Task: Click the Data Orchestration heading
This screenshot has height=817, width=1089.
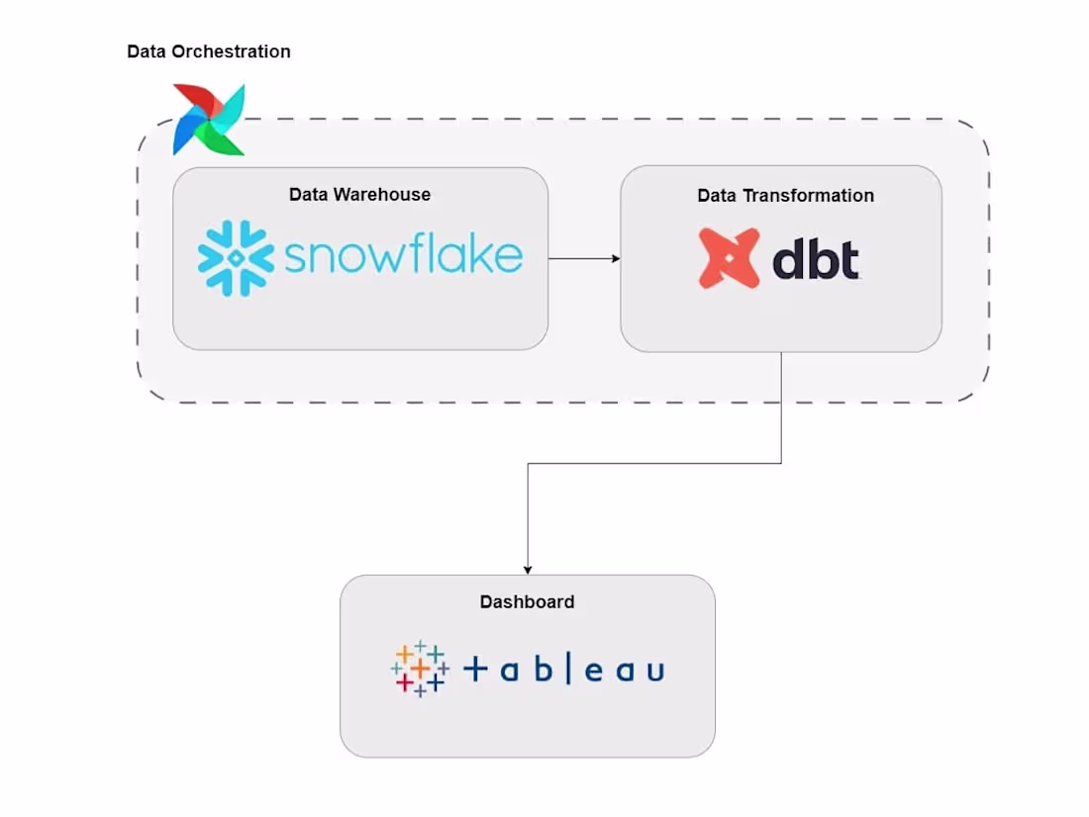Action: [x=209, y=51]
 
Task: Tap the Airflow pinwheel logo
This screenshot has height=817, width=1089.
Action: [x=208, y=120]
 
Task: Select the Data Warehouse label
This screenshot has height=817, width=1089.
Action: [x=359, y=195]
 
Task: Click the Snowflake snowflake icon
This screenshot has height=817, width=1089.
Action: [x=236, y=257]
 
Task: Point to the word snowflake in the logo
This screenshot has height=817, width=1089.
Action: [x=403, y=256]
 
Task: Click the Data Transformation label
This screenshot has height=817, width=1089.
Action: [x=785, y=196]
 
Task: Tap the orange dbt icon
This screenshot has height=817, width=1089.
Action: [x=729, y=258]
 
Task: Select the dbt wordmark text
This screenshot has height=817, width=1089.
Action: [x=815, y=259]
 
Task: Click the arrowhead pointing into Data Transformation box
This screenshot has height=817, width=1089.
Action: [x=615, y=259]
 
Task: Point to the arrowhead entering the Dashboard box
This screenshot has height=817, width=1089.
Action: [x=528, y=569]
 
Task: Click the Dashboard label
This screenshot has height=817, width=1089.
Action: [x=527, y=601]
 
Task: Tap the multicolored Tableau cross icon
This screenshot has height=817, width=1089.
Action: [x=420, y=669]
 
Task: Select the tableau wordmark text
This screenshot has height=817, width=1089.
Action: [x=563, y=670]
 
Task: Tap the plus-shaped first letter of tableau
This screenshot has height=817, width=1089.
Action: [x=476, y=671]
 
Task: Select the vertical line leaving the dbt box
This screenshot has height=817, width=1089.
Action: [x=782, y=406]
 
